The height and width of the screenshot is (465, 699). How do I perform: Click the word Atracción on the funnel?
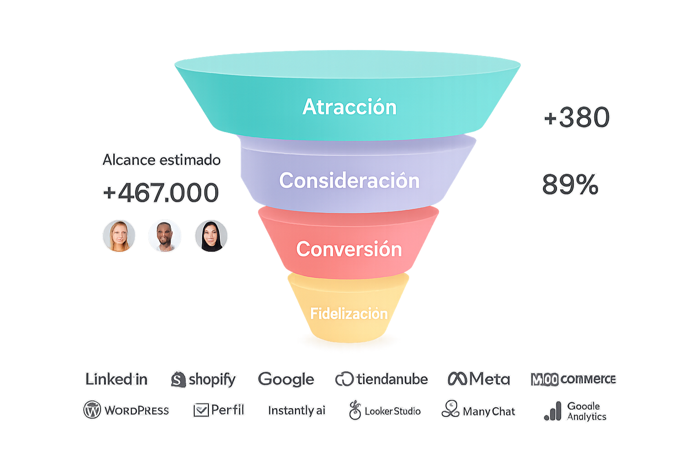(349, 107)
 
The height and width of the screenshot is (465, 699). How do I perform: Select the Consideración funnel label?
(349, 181)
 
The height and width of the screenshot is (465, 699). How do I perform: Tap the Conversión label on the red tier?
(349, 249)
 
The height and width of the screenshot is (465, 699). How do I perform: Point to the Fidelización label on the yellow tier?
(349, 313)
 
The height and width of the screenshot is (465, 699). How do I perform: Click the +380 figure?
(577, 117)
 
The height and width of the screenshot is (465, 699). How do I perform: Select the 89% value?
(570, 185)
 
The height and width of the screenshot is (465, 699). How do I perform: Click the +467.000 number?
(161, 192)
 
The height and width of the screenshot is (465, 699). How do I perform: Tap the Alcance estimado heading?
(162, 160)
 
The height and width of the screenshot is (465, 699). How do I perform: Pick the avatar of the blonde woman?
(119, 236)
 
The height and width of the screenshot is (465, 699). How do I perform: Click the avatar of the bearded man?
(165, 236)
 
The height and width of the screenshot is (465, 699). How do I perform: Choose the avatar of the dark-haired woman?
(211, 236)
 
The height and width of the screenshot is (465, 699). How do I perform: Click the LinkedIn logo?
(116, 379)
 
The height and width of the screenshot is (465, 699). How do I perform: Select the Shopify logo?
(203, 379)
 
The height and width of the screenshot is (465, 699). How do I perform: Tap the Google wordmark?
(286, 379)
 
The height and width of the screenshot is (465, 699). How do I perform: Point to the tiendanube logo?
(381, 379)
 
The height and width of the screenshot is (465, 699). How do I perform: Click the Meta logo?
(479, 379)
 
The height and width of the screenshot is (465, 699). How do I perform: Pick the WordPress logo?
(126, 410)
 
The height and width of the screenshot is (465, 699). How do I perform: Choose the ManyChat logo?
(478, 410)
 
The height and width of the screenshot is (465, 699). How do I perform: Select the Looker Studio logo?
(385, 410)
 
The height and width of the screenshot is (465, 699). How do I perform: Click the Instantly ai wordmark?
(297, 410)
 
